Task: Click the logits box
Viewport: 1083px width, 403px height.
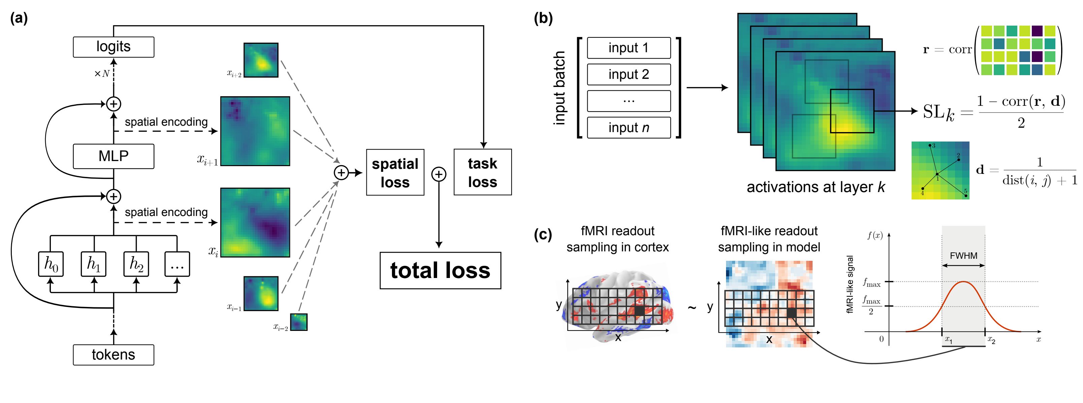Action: click(x=113, y=47)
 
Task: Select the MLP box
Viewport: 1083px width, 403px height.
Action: click(x=113, y=156)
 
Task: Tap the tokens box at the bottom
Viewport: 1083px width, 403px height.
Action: click(x=113, y=354)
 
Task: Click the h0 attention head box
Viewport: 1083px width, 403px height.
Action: click(x=51, y=264)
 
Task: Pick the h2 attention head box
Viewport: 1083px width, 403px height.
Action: click(x=136, y=264)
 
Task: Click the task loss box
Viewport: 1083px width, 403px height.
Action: click(x=482, y=172)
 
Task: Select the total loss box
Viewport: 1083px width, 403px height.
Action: click(x=440, y=271)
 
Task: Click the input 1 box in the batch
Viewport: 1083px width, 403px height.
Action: click(x=628, y=48)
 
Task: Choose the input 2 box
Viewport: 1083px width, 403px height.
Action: click(x=628, y=74)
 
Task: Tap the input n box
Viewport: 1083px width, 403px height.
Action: click(x=628, y=127)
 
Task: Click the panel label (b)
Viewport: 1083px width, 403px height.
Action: click(x=543, y=19)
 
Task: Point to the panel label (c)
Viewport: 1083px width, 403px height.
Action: click(x=543, y=234)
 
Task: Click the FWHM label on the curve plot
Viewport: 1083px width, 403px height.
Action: click(x=963, y=256)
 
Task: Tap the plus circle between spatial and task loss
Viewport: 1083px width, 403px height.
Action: click(x=438, y=174)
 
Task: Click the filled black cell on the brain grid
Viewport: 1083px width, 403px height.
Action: click(x=639, y=310)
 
